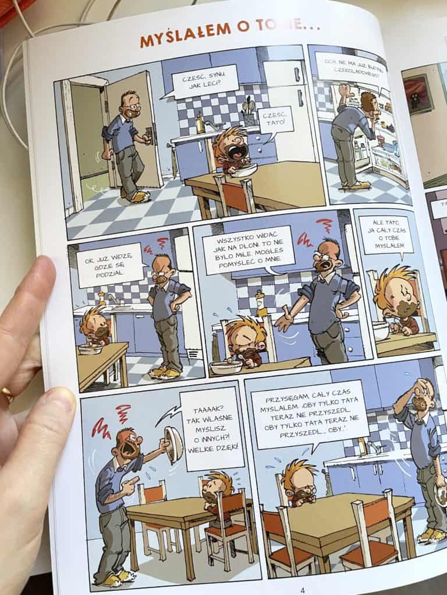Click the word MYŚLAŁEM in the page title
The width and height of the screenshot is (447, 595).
coord(186,35)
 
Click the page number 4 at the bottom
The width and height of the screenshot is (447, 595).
coord(303,590)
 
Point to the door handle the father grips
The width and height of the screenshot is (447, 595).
coord(150,135)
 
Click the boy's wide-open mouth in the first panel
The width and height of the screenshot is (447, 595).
coord(238,153)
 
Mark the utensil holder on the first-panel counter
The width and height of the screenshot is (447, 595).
coord(248,114)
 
